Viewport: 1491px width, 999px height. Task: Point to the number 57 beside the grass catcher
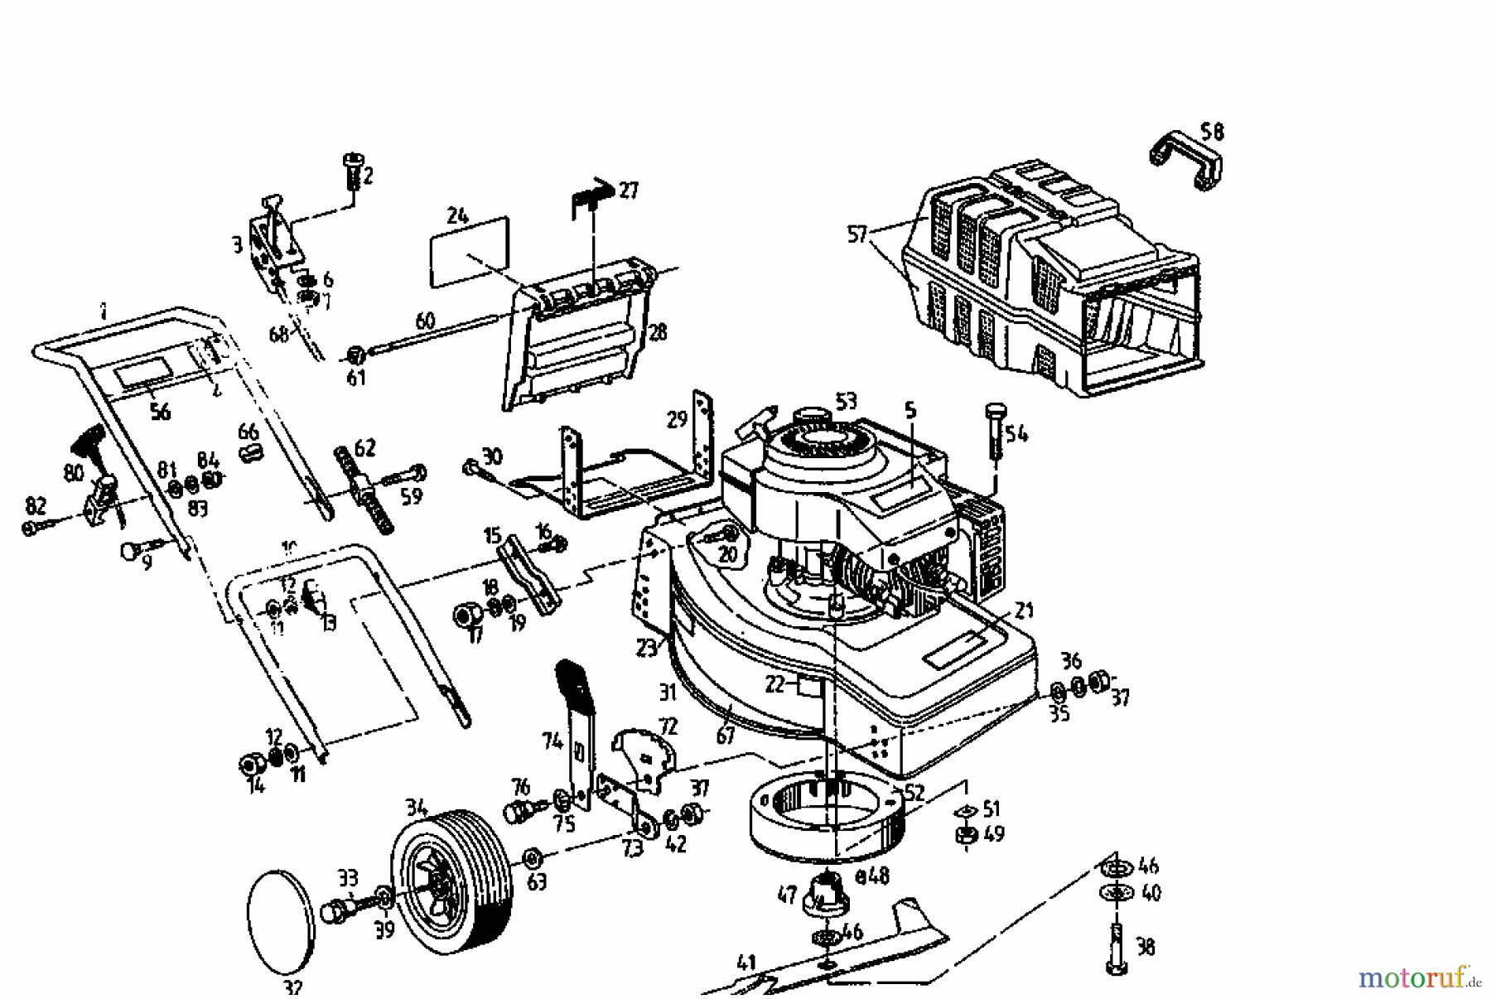[x=857, y=234]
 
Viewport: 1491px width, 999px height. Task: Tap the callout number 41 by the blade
[x=746, y=963]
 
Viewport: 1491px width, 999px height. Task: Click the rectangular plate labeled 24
[x=469, y=252]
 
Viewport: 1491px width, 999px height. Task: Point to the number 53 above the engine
[x=845, y=403]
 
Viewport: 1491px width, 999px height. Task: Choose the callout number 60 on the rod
[x=424, y=321]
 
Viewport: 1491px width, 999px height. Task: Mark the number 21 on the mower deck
[x=1025, y=611]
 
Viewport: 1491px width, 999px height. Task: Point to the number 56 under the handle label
[x=160, y=412]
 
